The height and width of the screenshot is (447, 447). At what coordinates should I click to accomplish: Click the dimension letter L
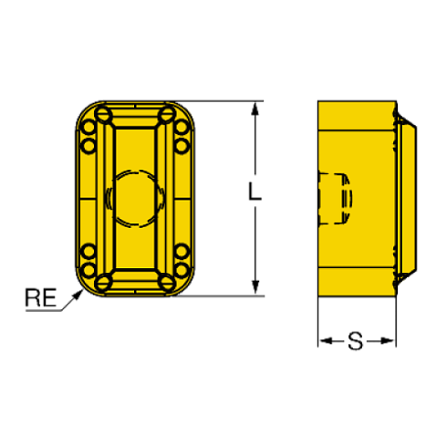tap(255, 192)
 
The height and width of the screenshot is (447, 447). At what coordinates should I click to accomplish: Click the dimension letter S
tap(356, 341)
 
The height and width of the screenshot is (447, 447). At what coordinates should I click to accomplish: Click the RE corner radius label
tap(41, 297)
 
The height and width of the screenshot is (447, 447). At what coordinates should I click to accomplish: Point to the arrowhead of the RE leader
tap(78, 294)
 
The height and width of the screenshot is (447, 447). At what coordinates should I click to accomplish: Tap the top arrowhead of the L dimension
tap(255, 109)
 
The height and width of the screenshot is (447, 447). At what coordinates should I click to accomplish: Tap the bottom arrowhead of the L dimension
tap(255, 288)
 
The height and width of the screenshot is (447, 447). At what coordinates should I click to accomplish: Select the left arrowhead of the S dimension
tap(326, 341)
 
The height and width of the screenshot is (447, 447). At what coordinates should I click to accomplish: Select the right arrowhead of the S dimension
tap(389, 341)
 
